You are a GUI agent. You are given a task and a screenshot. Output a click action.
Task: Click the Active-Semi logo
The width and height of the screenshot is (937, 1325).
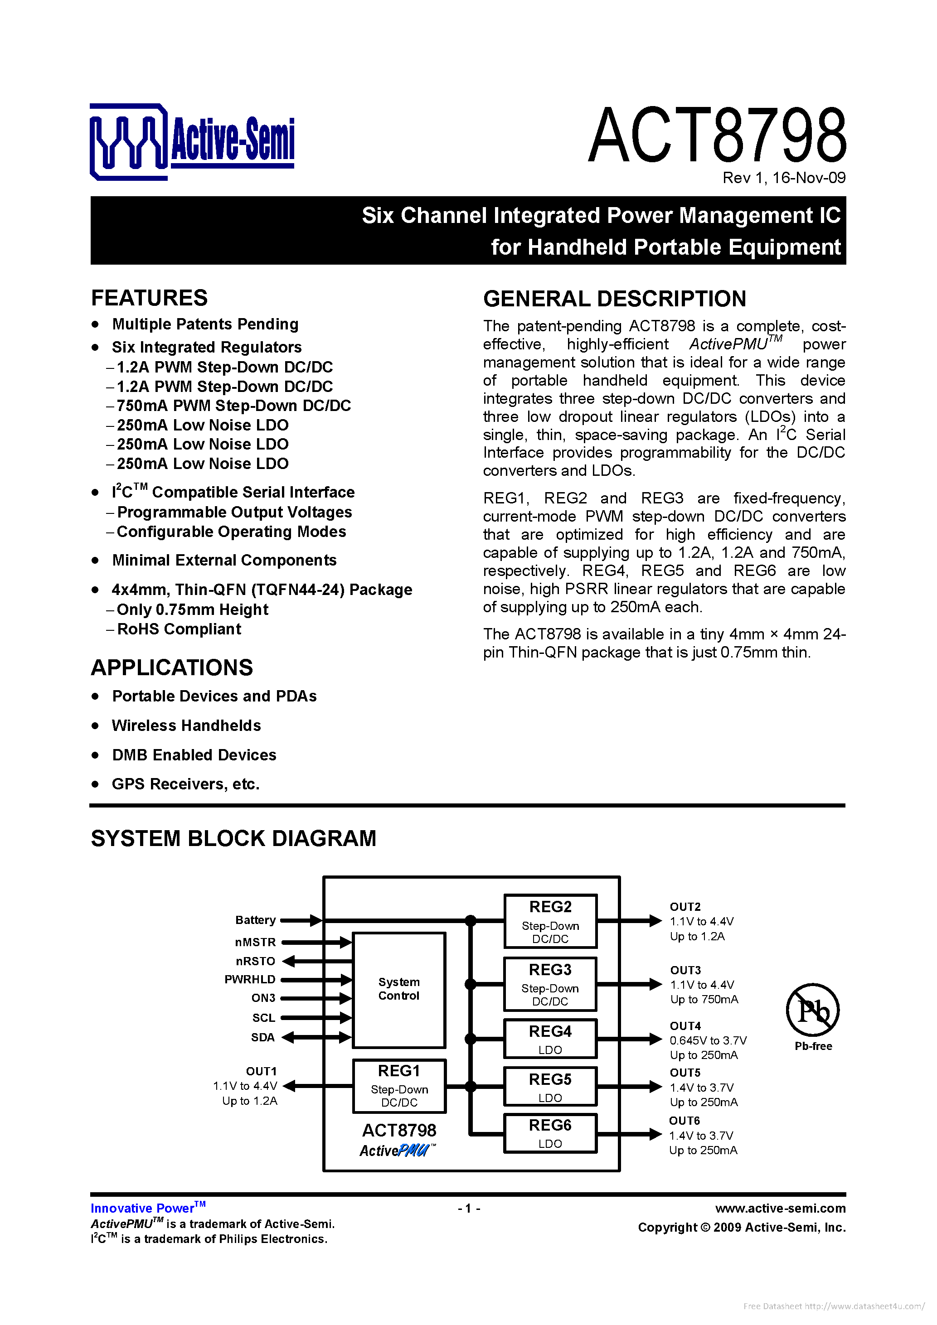[x=192, y=141]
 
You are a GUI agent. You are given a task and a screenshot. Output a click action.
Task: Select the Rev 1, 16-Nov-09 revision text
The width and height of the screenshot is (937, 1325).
[x=783, y=178]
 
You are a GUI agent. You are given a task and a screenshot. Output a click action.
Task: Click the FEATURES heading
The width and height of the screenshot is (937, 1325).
[x=150, y=298]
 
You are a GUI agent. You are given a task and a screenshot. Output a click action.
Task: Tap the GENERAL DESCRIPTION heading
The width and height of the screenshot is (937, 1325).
[x=614, y=299]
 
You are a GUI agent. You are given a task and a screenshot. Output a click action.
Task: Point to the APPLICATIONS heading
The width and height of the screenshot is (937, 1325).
[x=172, y=667]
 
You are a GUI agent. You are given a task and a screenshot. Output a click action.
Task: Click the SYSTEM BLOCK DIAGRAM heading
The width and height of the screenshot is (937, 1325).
[x=233, y=838]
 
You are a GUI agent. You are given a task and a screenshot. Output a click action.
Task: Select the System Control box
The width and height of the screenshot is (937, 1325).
[x=399, y=989]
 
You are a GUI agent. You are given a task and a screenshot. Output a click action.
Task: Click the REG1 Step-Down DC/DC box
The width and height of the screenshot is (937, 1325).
[x=399, y=1086]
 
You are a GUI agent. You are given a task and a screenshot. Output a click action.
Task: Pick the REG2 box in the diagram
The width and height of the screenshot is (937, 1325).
[x=550, y=922]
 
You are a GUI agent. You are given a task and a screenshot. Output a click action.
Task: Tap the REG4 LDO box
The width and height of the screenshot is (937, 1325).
[x=550, y=1039]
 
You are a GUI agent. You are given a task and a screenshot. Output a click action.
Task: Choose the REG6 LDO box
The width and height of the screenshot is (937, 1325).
[x=550, y=1134]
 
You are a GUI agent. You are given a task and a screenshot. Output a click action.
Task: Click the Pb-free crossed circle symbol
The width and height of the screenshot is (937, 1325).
[x=812, y=1010]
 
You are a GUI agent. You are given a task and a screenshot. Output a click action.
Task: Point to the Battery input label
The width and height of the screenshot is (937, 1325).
[x=255, y=920]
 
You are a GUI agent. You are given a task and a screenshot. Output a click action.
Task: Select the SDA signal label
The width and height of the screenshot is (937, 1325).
[x=262, y=1038]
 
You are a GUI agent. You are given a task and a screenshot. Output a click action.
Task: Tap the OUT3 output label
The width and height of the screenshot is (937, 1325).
[x=685, y=970]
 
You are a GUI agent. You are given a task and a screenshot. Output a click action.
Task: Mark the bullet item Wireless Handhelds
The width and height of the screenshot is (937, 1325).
[x=186, y=725]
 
